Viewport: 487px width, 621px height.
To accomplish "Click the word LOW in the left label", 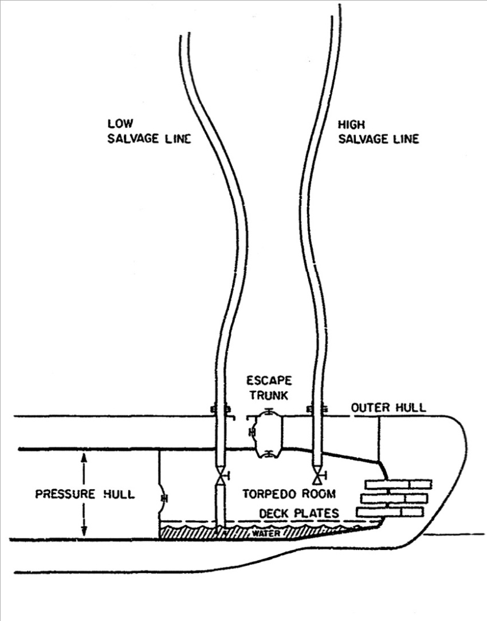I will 117,124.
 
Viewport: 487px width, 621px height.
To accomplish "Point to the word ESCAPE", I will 269,380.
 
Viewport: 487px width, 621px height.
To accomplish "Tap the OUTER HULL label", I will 388,408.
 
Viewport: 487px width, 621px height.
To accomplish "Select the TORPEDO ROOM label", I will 288,493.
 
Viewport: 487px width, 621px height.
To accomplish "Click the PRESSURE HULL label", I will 85,494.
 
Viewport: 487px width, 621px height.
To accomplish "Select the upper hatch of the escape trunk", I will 268,412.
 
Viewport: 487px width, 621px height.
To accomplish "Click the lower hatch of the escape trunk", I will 268,454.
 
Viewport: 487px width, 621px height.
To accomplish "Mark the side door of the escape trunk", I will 252,431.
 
